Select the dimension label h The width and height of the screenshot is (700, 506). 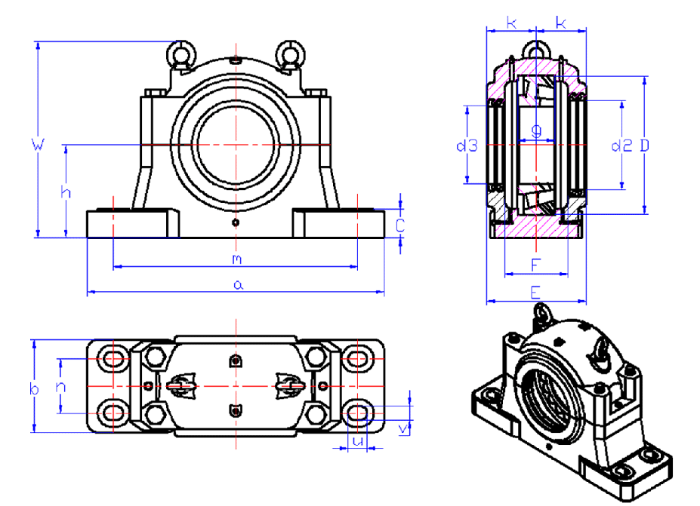(x=66, y=192)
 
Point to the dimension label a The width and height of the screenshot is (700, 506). (x=238, y=284)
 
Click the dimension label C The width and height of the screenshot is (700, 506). (x=401, y=224)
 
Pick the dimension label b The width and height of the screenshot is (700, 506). (x=34, y=389)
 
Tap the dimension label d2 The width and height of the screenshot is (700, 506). (x=621, y=146)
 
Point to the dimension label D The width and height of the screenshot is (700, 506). (x=644, y=146)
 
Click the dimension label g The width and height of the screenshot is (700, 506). (x=537, y=130)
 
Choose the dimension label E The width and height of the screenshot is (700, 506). (x=535, y=292)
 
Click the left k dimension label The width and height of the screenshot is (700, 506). (x=511, y=23)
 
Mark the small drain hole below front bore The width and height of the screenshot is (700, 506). (x=236, y=222)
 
